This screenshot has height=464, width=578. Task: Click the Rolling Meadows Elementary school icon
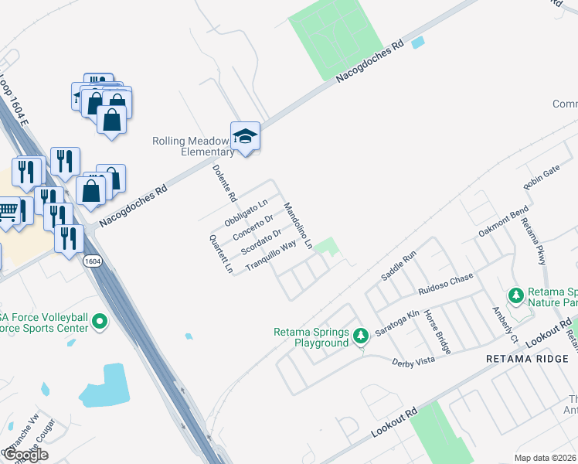pos(245,137)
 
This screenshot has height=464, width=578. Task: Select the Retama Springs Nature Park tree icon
pos(516,295)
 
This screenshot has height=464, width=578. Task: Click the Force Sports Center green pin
pos(100,322)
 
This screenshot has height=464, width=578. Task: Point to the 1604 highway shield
pos(92,261)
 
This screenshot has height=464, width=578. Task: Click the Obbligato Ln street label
pos(246,212)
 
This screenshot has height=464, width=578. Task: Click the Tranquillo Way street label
pos(270,255)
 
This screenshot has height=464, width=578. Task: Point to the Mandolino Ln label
pos(297,225)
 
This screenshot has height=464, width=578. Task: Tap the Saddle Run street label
pos(399,265)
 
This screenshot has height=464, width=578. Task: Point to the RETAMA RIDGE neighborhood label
pos(527,360)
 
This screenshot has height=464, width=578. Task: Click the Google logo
pos(25,455)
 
